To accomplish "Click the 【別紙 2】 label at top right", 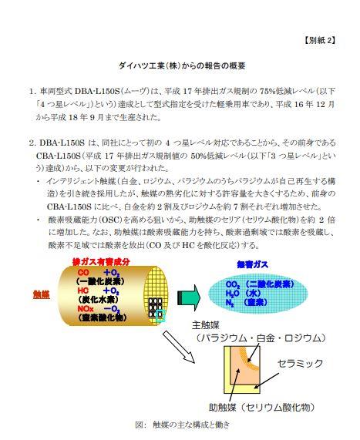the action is point(320,40).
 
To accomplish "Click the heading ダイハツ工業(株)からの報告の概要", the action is point(182,65).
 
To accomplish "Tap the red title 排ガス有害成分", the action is point(101,262).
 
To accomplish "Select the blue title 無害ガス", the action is point(252,264).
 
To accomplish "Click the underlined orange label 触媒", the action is point(42,294).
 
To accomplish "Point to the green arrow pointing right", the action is point(188,297).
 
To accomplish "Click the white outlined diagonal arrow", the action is point(179,347).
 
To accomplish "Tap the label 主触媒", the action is point(206,325).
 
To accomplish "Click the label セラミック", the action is point(300,364).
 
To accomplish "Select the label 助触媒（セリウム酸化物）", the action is point(262,407).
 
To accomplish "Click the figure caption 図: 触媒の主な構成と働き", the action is point(182,425).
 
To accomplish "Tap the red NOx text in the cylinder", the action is point(86,309).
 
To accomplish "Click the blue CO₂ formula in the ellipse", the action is point(233,285).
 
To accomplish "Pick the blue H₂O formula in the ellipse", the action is point(232,294).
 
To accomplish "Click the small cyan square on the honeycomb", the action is point(160,316).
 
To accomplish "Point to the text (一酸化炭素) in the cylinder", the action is point(99,281).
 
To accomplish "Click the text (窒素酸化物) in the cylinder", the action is point(103,317).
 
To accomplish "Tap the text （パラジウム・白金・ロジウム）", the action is point(261,338).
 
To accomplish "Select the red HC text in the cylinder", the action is point(83,291).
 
